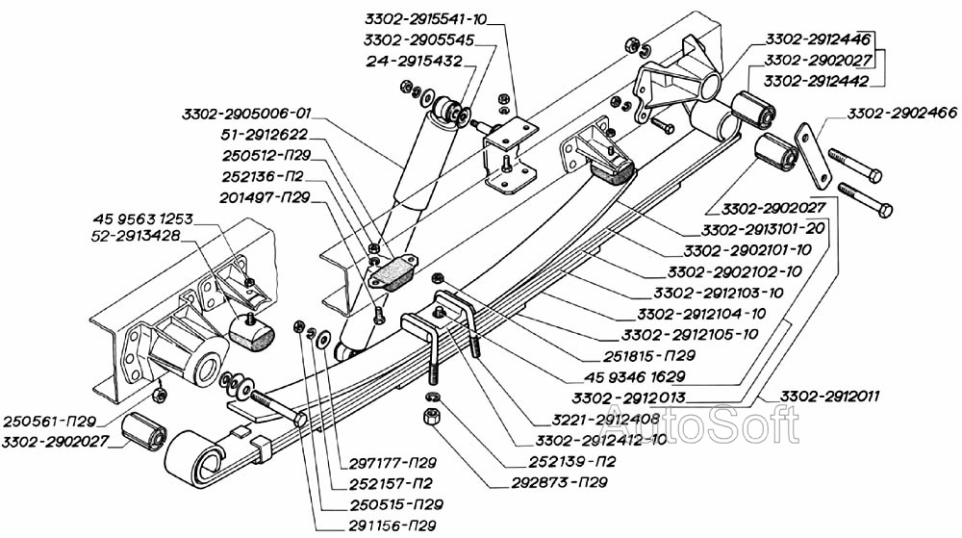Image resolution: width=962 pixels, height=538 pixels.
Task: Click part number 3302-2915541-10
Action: (x=427, y=18)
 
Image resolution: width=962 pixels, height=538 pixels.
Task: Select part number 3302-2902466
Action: (x=901, y=114)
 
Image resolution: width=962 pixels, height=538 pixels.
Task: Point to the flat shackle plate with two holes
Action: (x=814, y=156)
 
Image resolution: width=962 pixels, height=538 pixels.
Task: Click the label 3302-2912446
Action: (x=820, y=39)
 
